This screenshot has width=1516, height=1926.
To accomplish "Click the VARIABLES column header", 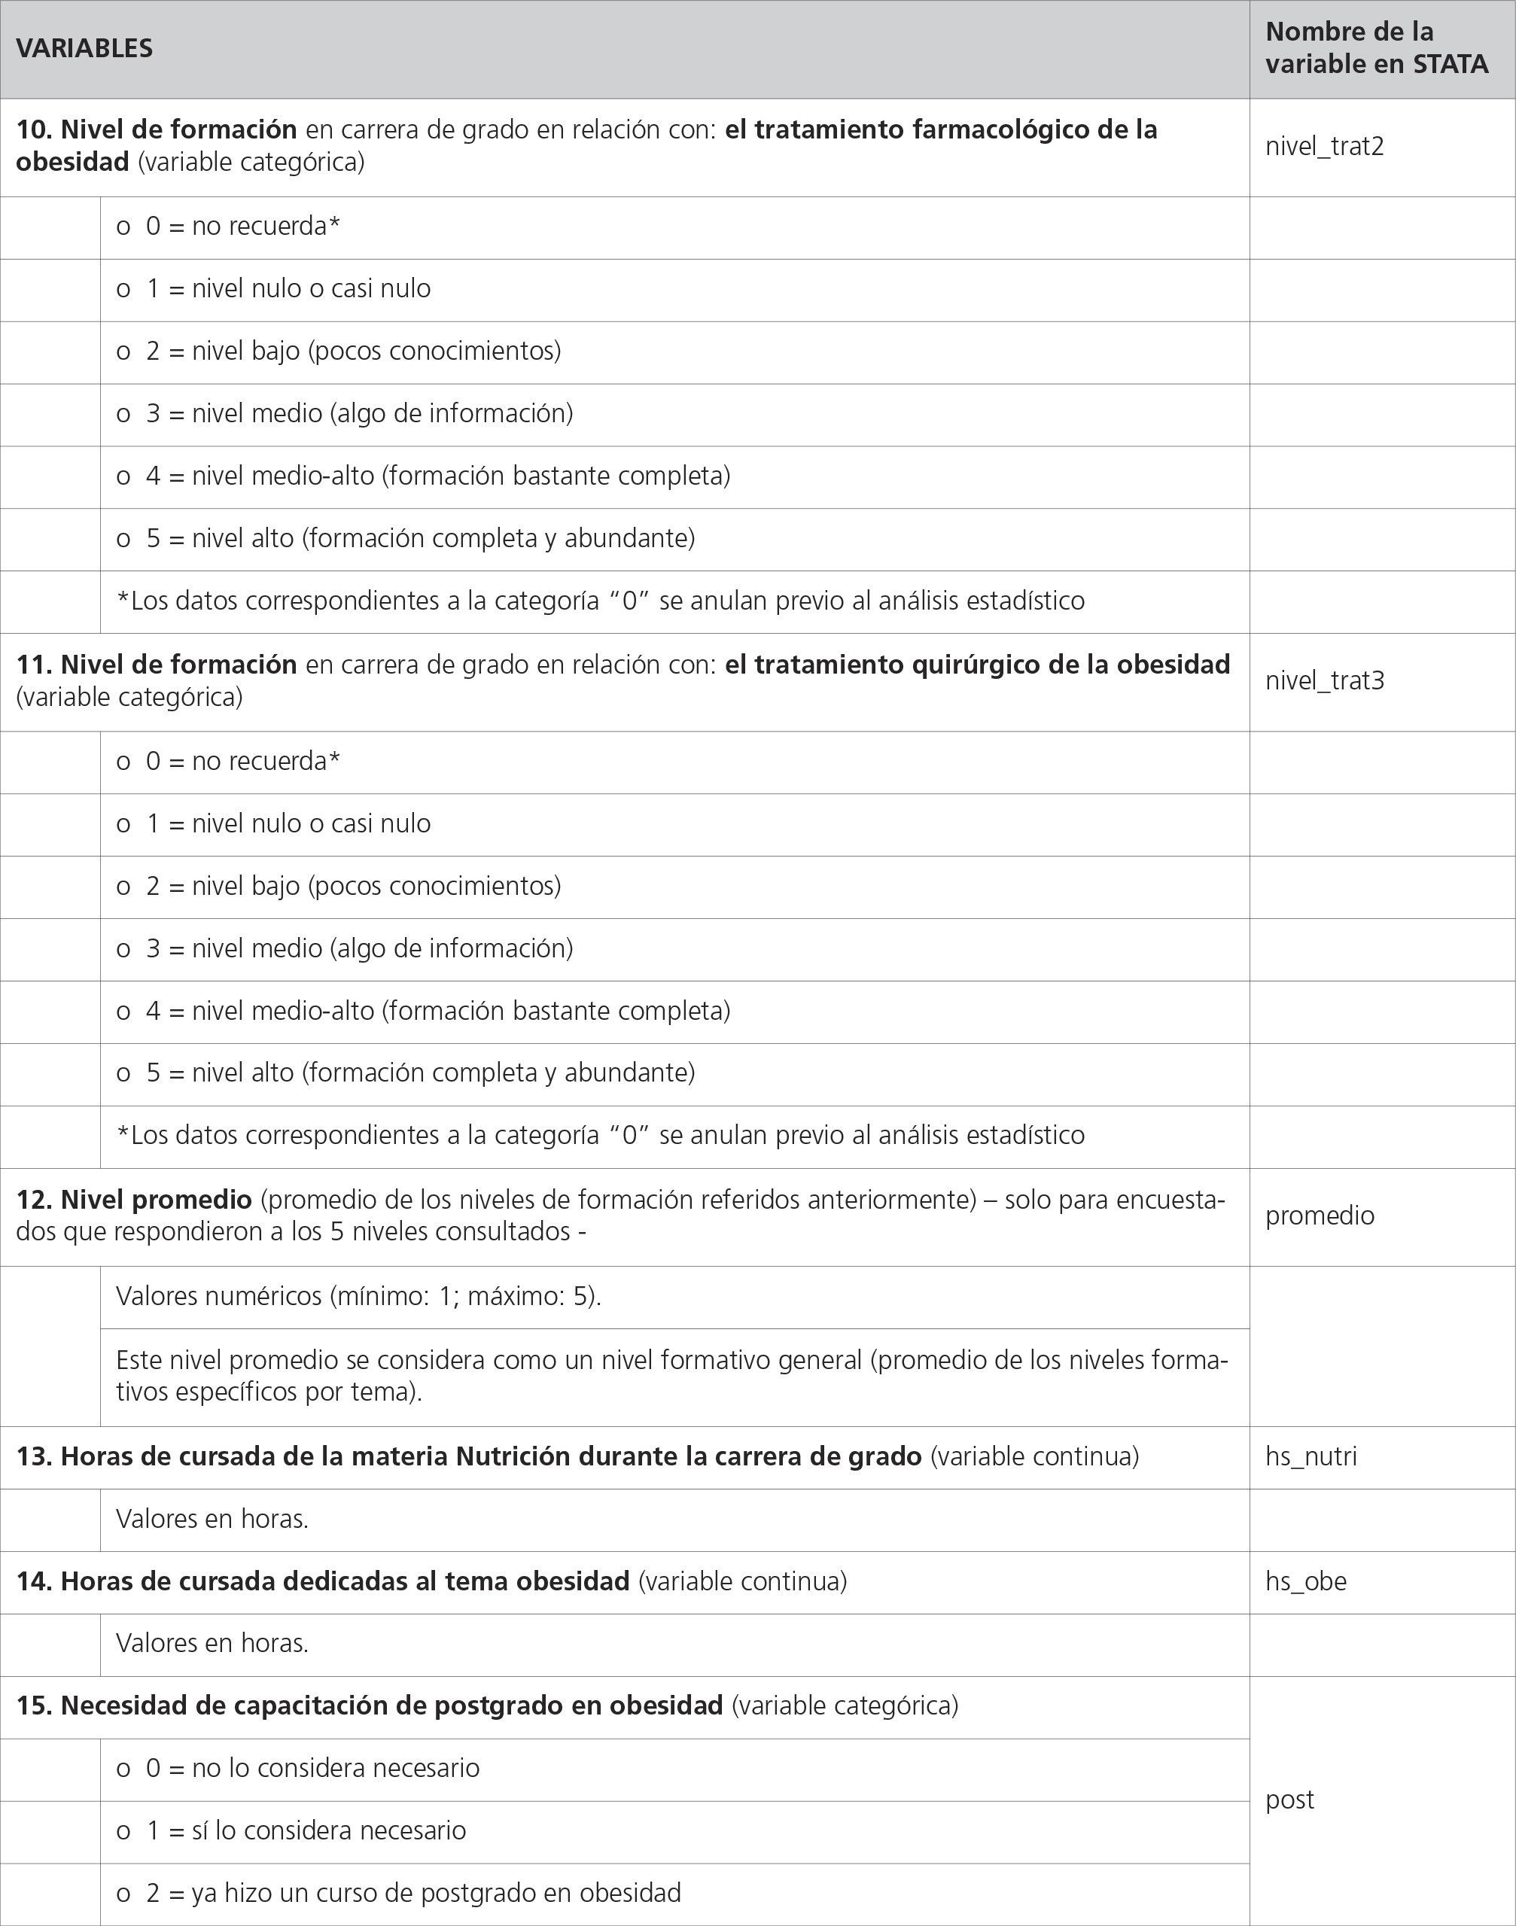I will pyautogui.click(x=84, y=48).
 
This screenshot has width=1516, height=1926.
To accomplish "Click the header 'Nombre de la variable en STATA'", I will pyautogui.click(x=1376, y=48).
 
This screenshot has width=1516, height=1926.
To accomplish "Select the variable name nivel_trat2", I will pyautogui.click(x=1324, y=147).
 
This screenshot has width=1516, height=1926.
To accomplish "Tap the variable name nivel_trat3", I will pyautogui.click(x=1324, y=680).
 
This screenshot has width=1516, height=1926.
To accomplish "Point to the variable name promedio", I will pyautogui.click(x=1319, y=1215).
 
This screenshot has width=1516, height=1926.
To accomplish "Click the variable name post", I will pyautogui.click(x=1289, y=1799).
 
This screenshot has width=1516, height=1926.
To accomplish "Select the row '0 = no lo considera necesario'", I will pyautogui.click(x=298, y=1767).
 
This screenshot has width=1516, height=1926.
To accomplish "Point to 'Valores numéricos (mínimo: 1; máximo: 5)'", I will pyautogui.click(x=358, y=1296).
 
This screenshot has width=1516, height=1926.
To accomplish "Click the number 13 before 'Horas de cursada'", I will pyautogui.click(x=34, y=1456).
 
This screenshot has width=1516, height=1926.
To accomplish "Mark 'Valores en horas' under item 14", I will pyautogui.click(x=212, y=1643).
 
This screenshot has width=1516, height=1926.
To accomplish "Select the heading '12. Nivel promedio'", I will pyautogui.click(x=134, y=1199).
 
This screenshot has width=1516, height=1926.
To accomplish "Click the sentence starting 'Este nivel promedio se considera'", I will pyautogui.click(x=671, y=1375).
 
